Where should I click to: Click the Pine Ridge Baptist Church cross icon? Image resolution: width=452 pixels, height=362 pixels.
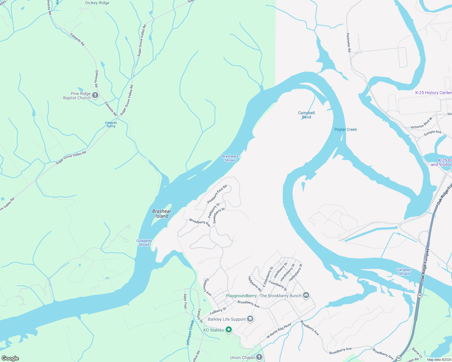coord(95,96)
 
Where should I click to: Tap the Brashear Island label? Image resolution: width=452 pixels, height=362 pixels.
coord(162,214)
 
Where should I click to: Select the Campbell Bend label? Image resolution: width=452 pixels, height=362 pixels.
coord(306,115)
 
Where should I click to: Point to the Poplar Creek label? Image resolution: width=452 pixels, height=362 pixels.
coord(346,129)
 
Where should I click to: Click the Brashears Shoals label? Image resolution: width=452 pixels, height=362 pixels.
coord(230,158)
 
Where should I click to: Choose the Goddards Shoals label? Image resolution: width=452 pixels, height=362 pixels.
coord(144,243)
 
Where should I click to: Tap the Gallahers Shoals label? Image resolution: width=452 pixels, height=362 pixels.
coord(404,272)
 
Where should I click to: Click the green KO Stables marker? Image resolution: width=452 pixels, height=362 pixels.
coord(229,330)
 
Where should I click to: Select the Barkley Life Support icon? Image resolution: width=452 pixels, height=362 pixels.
coord(250,319)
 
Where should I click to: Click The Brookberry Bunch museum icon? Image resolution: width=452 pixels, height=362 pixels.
coord(306,295)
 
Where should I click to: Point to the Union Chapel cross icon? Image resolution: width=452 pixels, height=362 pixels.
coord(259,357)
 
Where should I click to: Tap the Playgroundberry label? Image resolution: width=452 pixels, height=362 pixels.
coord(241,296)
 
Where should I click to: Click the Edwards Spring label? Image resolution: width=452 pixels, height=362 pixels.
coord(111,124)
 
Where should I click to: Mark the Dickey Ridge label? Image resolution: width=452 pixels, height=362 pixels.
coord(97,3)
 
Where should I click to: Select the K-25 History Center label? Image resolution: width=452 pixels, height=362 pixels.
coord(433,93)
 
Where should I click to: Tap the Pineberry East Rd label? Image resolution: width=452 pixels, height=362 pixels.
coord(217,194)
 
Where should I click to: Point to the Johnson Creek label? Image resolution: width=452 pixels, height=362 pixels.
coord(190,333)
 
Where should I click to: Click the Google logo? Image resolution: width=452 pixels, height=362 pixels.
coord(10,358)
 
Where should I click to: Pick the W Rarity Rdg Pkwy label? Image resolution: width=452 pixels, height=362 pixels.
coord(279,330)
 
